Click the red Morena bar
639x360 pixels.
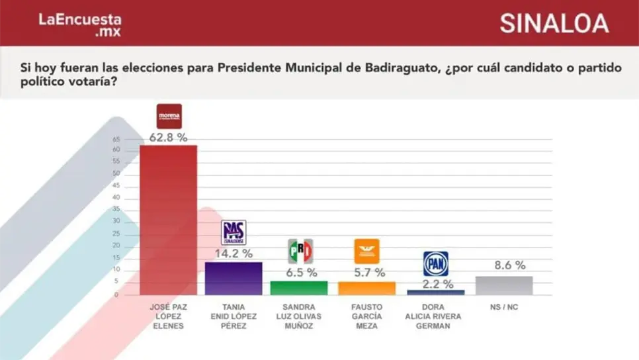(168, 220)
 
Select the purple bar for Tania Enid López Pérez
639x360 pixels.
(234, 278)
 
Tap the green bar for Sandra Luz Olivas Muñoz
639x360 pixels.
(299, 288)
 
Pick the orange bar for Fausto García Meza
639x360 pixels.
(366, 289)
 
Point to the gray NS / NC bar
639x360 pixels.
(504, 285)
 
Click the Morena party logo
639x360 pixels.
(169, 116)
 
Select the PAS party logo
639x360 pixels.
(233, 232)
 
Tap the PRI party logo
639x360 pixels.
(300, 251)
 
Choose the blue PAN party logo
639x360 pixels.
(436, 263)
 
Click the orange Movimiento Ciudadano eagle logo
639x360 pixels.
(366, 251)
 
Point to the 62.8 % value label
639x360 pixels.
(168, 138)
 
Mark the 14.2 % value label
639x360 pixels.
(233, 253)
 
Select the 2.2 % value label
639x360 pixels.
(437, 284)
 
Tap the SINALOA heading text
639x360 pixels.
(554, 23)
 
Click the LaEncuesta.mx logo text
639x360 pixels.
(79, 24)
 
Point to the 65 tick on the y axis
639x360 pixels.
(116, 140)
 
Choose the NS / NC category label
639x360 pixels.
(504, 306)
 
